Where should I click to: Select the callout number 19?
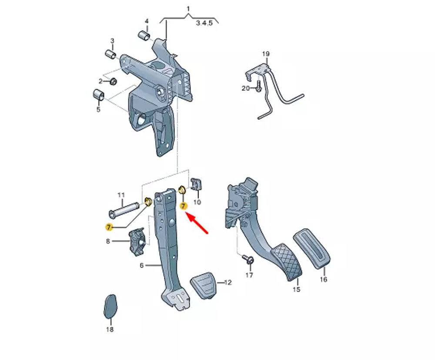(266, 54)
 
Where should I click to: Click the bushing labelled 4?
(144, 34)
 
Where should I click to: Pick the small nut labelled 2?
(112, 81)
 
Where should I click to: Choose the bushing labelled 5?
(98, 94)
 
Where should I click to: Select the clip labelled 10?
(197, 185)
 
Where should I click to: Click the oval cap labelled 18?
(110, 306)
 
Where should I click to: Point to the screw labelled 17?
(249, 260)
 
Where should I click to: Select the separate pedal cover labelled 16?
(312, 249)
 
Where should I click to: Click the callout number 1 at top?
(188, 9)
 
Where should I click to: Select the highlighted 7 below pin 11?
(109, 227)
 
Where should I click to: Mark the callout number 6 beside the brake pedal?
(141, 265)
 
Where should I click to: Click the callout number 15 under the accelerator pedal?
(296, 289)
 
